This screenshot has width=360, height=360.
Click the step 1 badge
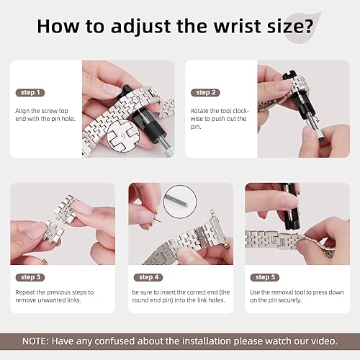coord(30,93)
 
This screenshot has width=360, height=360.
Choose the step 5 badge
coord(264,276)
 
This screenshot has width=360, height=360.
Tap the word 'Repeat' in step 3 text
coord(25,292)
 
